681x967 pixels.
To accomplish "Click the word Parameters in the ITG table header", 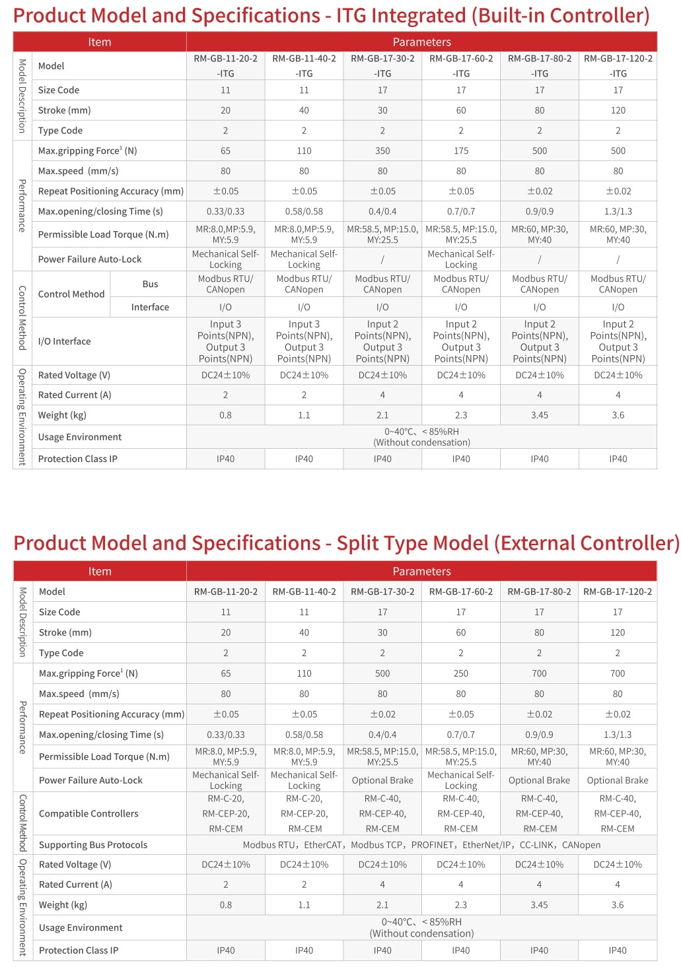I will (x=421, y=42).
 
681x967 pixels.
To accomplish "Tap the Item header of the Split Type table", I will (x=100, y=571).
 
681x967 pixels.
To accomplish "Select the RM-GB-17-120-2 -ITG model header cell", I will (x=618, y=65).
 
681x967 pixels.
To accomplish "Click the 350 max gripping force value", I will (x=382, y=150).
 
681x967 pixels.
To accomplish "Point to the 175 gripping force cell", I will (x=461, y=150).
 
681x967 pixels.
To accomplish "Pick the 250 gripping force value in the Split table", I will (x=461, y=673).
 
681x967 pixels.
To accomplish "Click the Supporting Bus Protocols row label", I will (x=93, y=845).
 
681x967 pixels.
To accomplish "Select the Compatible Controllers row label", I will (x=89, y=813).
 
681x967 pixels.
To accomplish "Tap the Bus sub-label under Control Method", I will (x=150, y=284).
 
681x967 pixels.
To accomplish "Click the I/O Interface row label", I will (x=64, y=341).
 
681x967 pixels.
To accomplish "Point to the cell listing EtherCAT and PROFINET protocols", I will (x=421, y=845).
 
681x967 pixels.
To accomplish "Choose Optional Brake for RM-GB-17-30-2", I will (x=382, y=780).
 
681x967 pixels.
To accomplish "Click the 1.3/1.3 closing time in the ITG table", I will (x=618, y=211).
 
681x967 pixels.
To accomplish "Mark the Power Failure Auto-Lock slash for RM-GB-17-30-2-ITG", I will (x=382, y=259).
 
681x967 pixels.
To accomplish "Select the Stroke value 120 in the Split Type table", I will (x=618, y=632).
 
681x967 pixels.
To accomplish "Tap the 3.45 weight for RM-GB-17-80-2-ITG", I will (x=540, y=415).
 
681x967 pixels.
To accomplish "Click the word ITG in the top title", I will (x=356, y=16).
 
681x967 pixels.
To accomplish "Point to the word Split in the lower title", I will (x=358, y=543).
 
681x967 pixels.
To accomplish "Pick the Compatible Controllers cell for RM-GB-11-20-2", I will (x=226, y=813).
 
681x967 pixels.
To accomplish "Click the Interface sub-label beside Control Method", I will (x=150, y=307).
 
